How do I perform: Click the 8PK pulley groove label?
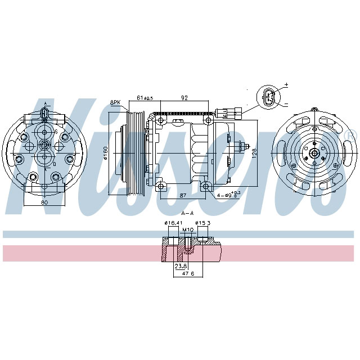click(x=115, y=102)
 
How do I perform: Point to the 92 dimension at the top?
click(x=183, y=98)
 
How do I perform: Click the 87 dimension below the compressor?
click(x=182, y=195)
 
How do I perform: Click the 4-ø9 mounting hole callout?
click(x=228, y=195)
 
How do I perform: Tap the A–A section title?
click(x=187, y=214)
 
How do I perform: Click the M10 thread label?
click(x=187, y=230)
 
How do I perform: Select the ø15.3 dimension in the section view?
click(x=203, y=223)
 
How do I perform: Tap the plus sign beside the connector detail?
click(x=286, y=84)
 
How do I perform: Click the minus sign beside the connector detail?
click(x=286, y=105)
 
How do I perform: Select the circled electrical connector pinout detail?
click(x=269, y=96)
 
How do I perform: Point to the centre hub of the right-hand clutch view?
click(x=314, y=152)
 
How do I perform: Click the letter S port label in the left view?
click(x=55, y=132)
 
